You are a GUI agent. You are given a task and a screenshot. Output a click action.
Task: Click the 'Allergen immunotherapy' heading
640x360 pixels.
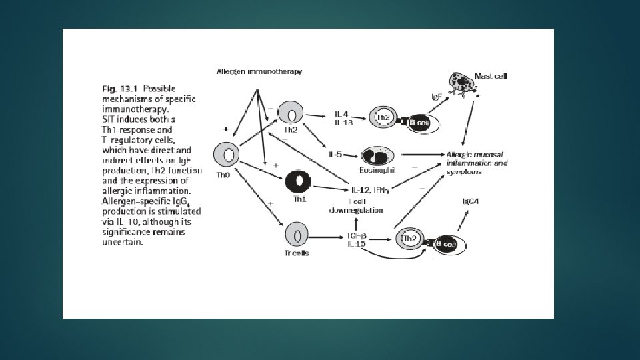pos(259,71)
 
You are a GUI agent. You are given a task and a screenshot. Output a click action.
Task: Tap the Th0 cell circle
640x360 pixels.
pos(227,155)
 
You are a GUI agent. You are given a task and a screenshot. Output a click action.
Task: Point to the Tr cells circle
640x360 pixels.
pos(297,235)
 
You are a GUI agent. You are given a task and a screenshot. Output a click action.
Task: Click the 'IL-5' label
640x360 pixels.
pos(335,155)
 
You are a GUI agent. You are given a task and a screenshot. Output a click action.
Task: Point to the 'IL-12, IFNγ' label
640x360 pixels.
pos(371,189)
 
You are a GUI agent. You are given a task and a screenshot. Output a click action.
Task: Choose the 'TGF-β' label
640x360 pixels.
pos(356,236)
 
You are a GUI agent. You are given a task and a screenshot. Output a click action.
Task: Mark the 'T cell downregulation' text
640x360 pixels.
pos(356,205)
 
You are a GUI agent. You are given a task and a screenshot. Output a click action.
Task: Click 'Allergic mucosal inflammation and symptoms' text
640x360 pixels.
pos(477,163)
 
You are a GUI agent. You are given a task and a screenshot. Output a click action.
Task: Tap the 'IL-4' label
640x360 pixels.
pos(341,114)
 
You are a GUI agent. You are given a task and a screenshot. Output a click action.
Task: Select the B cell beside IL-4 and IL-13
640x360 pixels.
pos(419,123)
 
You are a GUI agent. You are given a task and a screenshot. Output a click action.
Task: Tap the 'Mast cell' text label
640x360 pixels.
pos(491,76)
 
